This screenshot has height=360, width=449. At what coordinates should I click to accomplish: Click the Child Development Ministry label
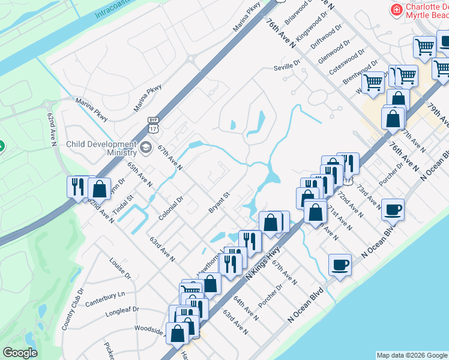pyautogui.click(x=101, y=149)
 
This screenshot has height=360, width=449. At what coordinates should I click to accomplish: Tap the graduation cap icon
pyautogui.click(x=146, y=147)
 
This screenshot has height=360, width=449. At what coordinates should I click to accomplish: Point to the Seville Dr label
pyautogui.click(x=286, y=67)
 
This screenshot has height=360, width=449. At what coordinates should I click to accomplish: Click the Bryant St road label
pyautogui.click(x=219, y=202)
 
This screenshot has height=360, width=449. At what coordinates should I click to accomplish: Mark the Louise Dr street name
pyautogui.click(x=120, y=268)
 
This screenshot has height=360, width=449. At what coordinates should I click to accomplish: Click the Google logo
pyautogui.click(x=20, y=353)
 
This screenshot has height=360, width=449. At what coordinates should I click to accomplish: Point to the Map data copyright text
pyautogui.click(x=412, y=355)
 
